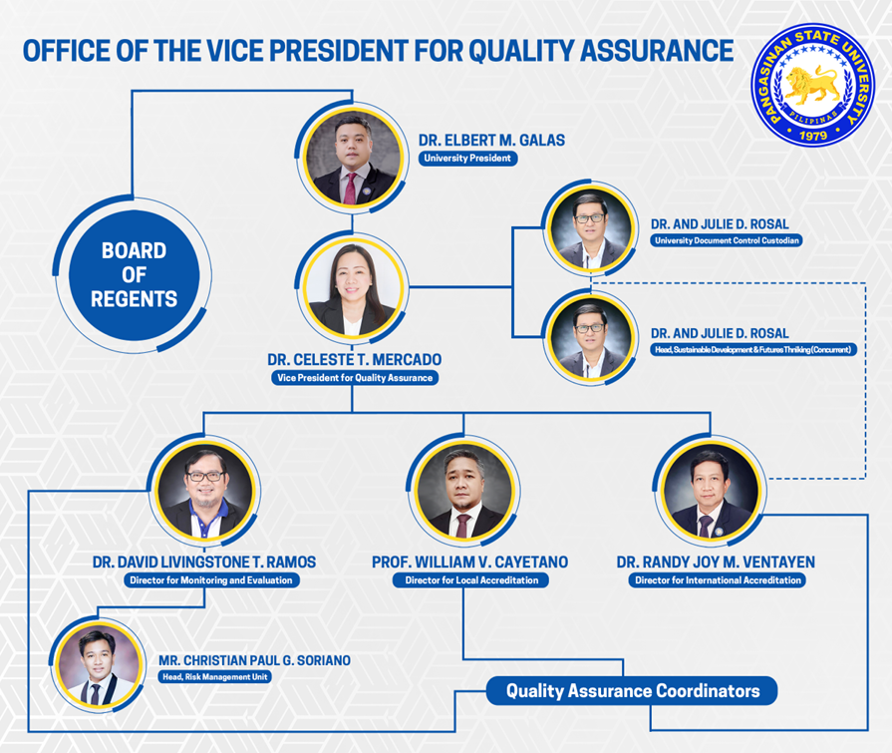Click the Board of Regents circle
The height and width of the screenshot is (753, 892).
click(135, 275)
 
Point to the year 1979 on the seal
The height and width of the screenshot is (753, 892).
click(813, 136)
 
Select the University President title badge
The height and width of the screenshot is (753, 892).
click(467, 159)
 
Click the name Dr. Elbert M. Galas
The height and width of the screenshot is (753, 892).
click(491, 140)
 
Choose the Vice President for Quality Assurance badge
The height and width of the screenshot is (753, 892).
click(355, 378)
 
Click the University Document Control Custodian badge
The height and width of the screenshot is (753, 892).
click(727, 240)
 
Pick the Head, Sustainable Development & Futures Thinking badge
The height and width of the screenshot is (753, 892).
click(752, 349)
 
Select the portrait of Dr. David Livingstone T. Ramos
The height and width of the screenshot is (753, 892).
click(205, 491)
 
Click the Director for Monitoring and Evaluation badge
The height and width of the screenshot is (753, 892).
click(211, 580)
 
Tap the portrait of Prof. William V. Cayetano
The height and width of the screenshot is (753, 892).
click(464, 491)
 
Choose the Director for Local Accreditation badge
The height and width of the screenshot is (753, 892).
click(471, 580)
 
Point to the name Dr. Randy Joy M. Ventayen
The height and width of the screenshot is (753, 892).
click(716, 563)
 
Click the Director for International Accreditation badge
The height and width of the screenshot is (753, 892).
click(718, 580)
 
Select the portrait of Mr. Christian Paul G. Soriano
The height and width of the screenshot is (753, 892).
click(99, 666)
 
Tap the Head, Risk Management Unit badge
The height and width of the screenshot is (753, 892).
click(215, 677)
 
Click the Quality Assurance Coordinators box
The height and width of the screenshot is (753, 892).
click(632, 691)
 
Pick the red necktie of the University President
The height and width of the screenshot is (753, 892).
click(351, 188)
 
